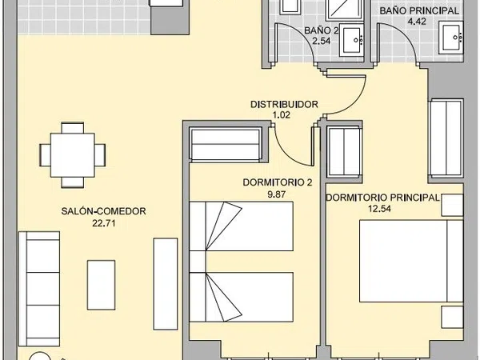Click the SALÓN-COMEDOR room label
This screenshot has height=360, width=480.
pos(103,211)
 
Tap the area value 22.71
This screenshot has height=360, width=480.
pos(104,223)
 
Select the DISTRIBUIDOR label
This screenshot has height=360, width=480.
pos(284,104)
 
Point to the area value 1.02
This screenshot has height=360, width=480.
pos(281,115)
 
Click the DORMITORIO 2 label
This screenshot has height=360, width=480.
pos(278,182)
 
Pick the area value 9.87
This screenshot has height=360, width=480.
pos(277,194)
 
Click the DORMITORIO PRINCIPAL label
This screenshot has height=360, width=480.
pos(382,198)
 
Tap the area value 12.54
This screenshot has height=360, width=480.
pos(379,209)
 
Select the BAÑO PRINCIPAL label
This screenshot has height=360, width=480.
pos(419,10)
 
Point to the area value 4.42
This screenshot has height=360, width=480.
pos(417,22)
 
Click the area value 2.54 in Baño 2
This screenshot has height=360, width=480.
pos(321,41)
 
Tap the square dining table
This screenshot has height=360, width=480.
pos(73,155)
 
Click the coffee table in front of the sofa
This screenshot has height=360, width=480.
pos(102,285)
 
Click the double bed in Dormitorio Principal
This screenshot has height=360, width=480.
pos(411,261)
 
